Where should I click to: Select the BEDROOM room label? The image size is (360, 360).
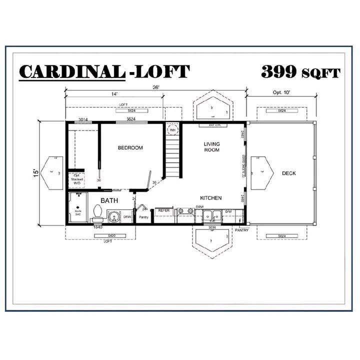click(x=130, y=147)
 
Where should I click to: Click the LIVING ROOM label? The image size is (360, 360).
click(x=211, y=147)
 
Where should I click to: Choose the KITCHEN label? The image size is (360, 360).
click(x=211, y=198)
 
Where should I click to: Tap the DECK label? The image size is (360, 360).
click(x=289, y=173)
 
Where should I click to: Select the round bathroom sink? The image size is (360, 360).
click(x=114, y=217)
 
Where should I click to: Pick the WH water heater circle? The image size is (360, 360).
click(x=172, y=129)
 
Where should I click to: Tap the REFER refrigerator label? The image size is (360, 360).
click(x=164, y=211)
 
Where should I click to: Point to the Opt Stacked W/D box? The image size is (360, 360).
click(x=77, y=179)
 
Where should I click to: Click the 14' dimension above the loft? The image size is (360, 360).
click(x=114, y=93)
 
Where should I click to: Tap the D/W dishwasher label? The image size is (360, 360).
click(x=228, y=211)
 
